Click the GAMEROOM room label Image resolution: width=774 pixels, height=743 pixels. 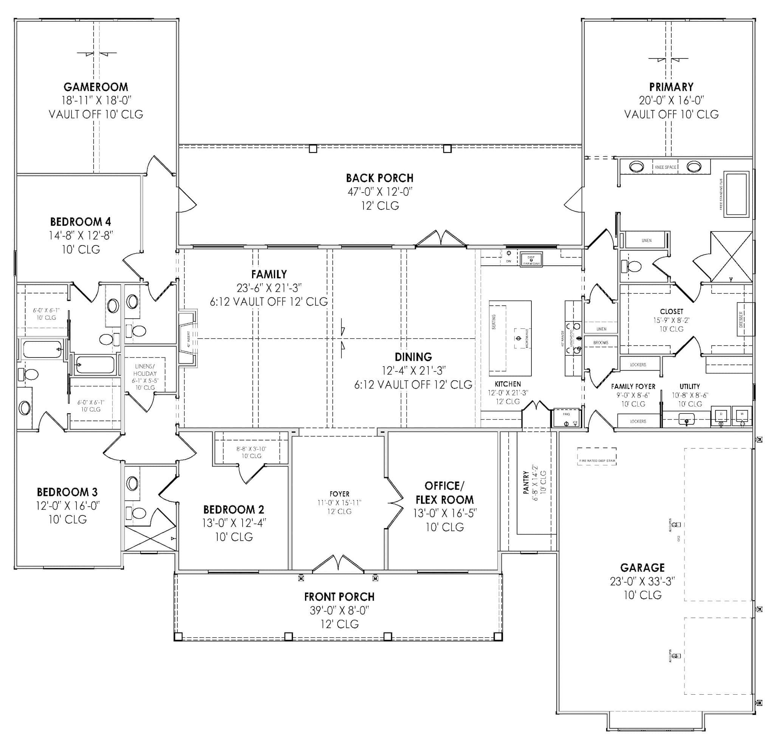pos(96,87)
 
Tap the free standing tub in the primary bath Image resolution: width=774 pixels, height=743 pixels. pos(736,194)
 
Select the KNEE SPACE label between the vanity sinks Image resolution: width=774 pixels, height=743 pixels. pos(666,167)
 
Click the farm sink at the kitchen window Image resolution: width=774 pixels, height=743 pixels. pos(531,259)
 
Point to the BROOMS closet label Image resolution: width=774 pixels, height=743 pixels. pos(601,342)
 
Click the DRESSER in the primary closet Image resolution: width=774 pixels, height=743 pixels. pos(745,319)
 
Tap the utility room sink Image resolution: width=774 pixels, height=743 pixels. pos(686,419)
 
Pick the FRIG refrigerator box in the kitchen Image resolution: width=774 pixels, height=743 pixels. pos(566,418)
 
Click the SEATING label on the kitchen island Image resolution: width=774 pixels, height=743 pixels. pos(494,322)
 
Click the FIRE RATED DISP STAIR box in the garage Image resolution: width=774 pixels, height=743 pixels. pos(597,456)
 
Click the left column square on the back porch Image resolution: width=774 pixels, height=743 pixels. pos(313,149)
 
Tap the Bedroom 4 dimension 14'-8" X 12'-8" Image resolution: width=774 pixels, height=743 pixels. pos(81,236)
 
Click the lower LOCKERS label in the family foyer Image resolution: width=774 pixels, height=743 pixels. pos(638,421)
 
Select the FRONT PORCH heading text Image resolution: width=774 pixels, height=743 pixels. pos(339,597)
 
